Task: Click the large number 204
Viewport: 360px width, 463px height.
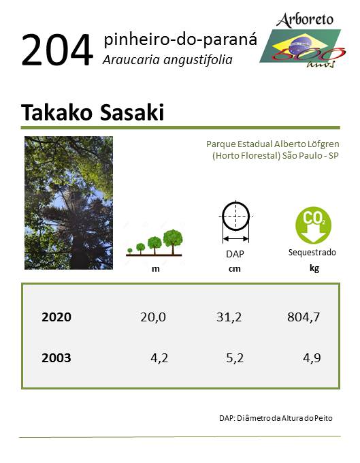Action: pyautogui.click(x=57, y=50)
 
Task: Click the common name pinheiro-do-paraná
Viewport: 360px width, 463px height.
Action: pyautogui.click(x=180, y=40)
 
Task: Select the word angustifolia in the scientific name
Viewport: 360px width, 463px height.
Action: pyautogui.click(x=198, y=60)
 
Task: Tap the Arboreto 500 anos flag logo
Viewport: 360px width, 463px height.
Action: pyautogui.click(x=303, y=41)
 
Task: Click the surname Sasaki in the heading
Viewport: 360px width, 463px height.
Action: pyautogui.click(x=132, y=112)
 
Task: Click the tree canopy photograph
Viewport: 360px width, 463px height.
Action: pyautogui.click(x=69, y=203)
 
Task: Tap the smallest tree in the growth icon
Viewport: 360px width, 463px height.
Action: pyautogui.click(x=130, y=251)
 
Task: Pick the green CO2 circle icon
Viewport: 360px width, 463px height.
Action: pyautogui.click(x=313, y=225)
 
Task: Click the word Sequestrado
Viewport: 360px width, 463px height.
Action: pyautogui.click(x=312, y=253)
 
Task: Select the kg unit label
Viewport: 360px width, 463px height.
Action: pyautogui.click(x=314, y=268)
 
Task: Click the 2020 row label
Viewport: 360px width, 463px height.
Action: pyautogui.click(x=56, y=317)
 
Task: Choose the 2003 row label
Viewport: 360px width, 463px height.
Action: pyautogui.click(x=56, y=358)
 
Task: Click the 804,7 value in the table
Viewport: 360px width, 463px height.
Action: pyautogui.click(x=304, y=317)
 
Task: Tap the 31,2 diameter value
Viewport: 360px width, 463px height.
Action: pyautogui.click(x=229, y=317)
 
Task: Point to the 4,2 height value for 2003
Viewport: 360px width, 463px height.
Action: pyautogui.click(x=159, y=358)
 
